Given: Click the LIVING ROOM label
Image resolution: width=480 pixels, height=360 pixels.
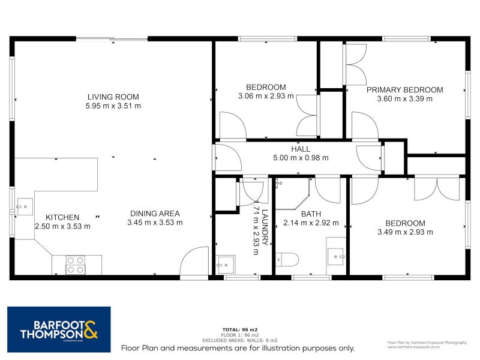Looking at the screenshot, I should [113, 97].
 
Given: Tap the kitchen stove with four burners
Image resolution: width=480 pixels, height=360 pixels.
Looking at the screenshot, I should [75, 265].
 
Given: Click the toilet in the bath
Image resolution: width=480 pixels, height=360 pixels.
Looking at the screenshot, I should [287, 259].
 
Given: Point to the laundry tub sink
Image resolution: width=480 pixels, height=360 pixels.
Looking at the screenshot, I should [225, 264].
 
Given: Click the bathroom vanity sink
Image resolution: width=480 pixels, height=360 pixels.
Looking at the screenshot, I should [336, 256].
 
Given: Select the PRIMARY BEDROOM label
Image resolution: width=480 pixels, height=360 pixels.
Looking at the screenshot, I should [404, 90].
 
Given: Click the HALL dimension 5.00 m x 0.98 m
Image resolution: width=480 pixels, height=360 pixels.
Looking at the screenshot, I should [301, 158].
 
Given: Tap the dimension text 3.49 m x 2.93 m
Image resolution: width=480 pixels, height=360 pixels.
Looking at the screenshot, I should [405, 232].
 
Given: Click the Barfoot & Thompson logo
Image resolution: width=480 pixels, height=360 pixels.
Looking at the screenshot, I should [59, 329].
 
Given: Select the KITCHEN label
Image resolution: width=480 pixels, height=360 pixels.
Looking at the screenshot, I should [62, 217].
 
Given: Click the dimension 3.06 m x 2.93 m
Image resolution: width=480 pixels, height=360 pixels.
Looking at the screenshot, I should [266, 96].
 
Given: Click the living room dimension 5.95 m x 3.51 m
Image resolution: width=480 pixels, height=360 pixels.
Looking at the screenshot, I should [113, 106].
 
